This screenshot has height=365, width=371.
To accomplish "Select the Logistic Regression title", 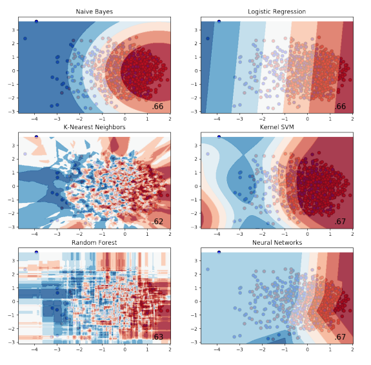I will [x=277, y=12].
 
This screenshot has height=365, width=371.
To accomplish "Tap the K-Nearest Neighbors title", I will [x=94, y=127].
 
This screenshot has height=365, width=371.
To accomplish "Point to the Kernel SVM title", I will [x=277, y=127].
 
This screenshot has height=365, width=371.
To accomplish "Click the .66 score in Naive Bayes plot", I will [x=158, y=107].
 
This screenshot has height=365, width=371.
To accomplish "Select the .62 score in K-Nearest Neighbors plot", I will [x=158, y=222].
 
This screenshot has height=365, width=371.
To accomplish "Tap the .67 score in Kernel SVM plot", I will [x=341, y=222].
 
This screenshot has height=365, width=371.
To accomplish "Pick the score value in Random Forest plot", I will [x=158, y=337].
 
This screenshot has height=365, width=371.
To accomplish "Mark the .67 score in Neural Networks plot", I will [x=341, y=337].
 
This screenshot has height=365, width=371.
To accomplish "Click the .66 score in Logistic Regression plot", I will [x=341, y=107].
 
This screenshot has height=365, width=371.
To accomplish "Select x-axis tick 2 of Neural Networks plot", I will [x=352, y=349].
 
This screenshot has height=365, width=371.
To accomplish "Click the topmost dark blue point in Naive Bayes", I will [x=36, y=21].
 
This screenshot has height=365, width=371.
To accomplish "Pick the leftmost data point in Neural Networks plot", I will [x=208, y=269].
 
